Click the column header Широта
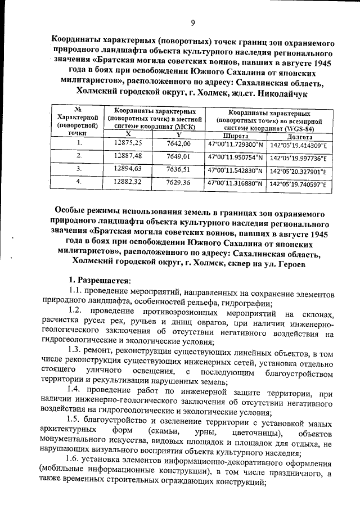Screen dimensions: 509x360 pos(236,136)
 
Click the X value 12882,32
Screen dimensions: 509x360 pos(128,182)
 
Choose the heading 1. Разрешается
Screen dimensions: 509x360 pos(99,280)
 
